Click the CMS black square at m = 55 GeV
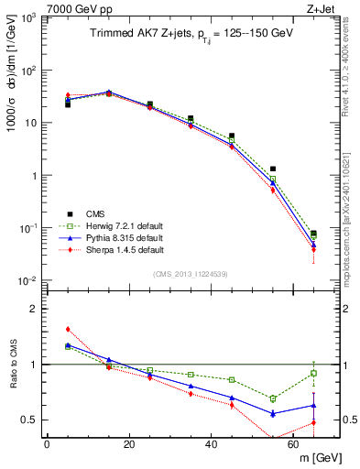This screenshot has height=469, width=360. click(x=273, y=169)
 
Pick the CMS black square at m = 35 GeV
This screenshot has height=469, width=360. click(x=191, y=118)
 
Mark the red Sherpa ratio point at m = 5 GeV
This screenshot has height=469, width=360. click(x=68, y=329)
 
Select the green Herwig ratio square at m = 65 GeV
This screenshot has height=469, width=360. click(x=313, y=373)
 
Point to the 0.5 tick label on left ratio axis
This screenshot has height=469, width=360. click(x=27, y=420)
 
